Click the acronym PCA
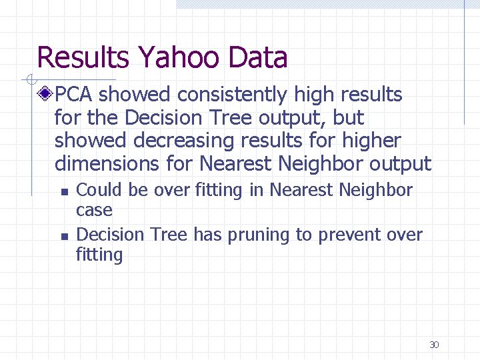pos(75,95)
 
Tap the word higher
pos(369,141)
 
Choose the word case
pos(94,210)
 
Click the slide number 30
pos(434,345)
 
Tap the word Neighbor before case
pos(375,190)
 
